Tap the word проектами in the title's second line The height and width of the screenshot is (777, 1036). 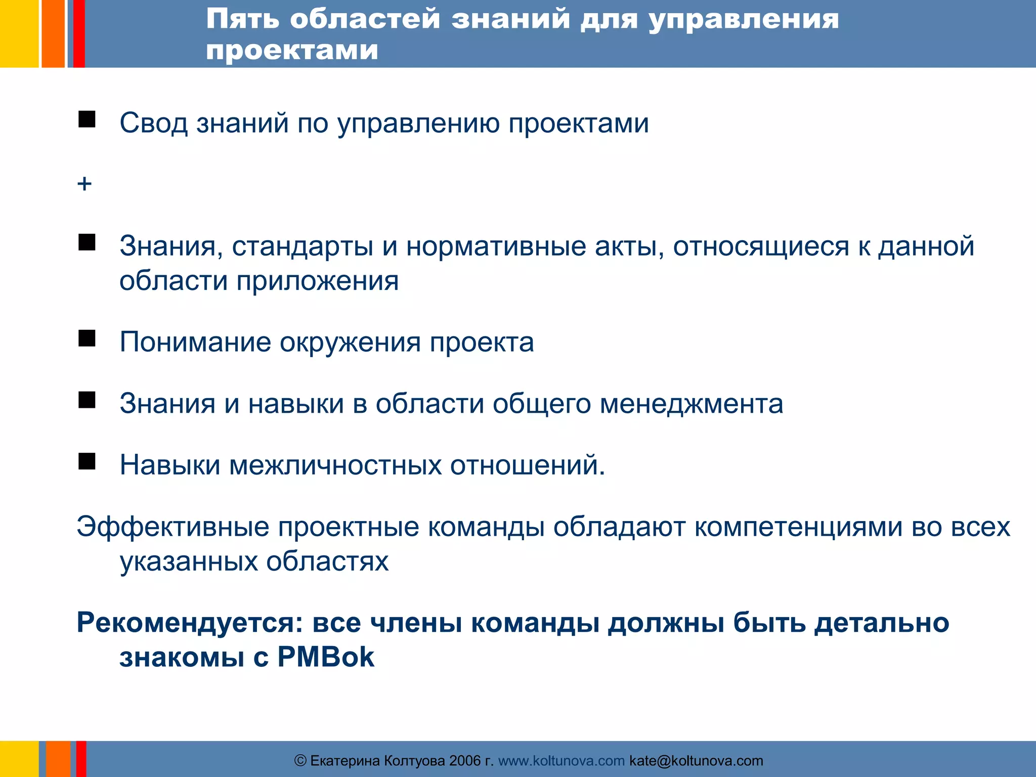click(292, 50)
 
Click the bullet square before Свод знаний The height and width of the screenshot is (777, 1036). click(87, 119)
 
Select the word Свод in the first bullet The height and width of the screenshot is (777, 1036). click(153, 123)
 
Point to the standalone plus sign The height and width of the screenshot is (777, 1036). click(84, 184)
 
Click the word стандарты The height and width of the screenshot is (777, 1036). click(303, 246)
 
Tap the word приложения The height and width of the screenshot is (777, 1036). click(317, 281)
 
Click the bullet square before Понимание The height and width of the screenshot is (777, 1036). click(87, 338)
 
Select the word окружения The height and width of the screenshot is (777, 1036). click(350, 342)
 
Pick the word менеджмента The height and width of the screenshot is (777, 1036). click(691, 404)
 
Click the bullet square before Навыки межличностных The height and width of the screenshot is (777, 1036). click(87, 461)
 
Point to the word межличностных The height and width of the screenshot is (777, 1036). click(335, 465)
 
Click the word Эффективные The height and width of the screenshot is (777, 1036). click(173, 527)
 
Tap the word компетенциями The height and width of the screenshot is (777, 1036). click(798, 527)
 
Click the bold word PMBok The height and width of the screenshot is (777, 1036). click(326, 657)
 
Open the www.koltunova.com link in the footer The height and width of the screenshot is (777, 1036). click(562, 761)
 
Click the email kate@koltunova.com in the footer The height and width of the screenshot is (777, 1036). click(696, 761)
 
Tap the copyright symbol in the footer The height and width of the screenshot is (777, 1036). click(300, 761)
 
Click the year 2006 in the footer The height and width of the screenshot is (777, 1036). click(465, 761)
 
